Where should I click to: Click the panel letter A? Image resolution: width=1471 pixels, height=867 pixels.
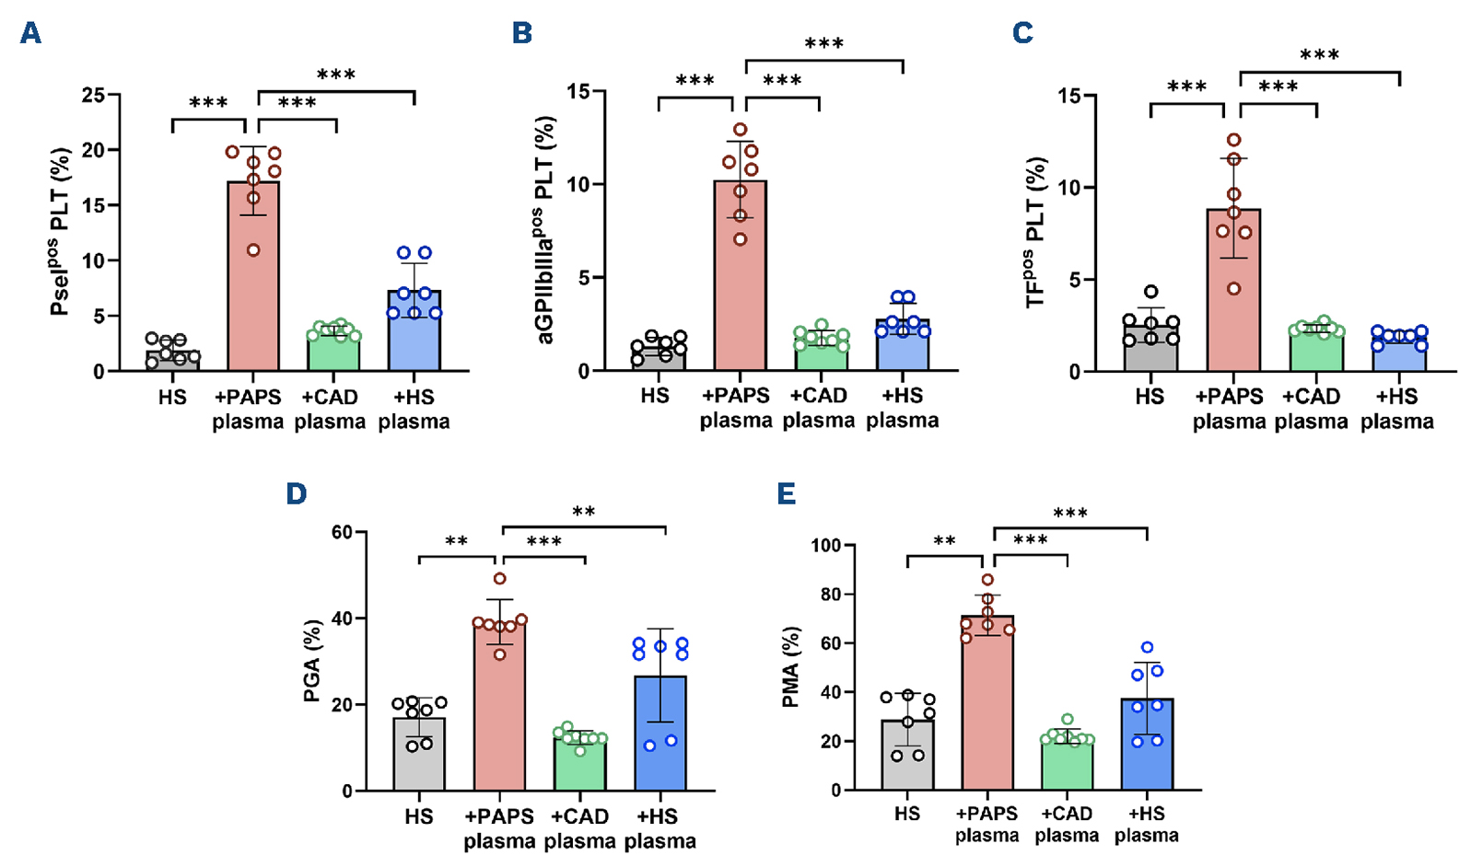(31, 34)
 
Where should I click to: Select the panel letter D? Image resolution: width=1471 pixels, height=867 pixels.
(296, 494)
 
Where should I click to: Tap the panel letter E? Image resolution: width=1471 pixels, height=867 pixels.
(787, 494)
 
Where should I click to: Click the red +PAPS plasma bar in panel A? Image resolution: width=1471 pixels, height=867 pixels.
(252, 276)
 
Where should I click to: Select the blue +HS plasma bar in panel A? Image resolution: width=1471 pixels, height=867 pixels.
(414, 330)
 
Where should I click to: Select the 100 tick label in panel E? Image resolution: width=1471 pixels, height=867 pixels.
(824, 546)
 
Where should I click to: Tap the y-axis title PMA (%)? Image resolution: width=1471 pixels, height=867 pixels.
(789, 667)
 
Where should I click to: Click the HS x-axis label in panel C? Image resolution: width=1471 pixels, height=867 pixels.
(1150, 398)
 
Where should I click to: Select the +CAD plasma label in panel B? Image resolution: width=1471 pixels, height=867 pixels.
(819, 408)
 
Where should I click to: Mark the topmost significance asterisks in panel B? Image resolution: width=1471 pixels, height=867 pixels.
(823, 44)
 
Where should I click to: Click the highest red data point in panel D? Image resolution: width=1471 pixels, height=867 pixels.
(500, 579)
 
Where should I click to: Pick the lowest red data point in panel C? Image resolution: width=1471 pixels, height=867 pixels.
(1235, 289)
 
